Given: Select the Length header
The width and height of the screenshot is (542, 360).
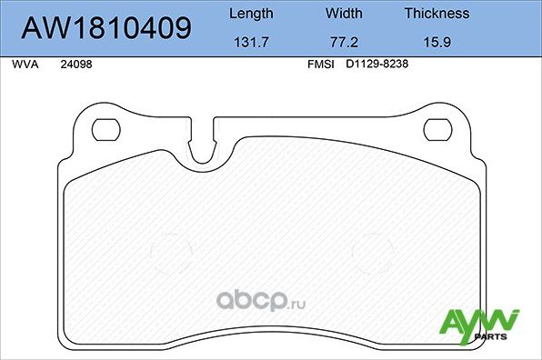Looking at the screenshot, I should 250,14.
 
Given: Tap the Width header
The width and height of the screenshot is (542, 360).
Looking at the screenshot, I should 344,14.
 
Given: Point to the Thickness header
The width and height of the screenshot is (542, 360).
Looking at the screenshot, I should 437,14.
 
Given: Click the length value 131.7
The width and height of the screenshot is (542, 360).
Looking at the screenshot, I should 250,42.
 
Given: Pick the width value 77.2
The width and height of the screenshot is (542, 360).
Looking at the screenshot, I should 344,42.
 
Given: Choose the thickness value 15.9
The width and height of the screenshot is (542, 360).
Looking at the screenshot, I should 437,42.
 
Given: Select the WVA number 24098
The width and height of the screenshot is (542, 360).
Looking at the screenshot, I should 75,65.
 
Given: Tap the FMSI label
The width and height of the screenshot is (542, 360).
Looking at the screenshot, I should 321,65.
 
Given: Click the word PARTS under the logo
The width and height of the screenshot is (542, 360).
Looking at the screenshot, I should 498,337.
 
